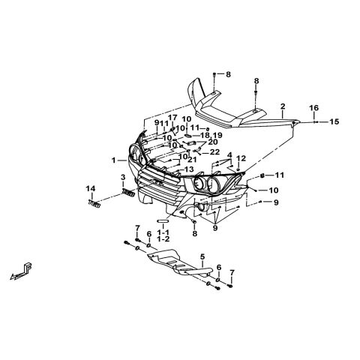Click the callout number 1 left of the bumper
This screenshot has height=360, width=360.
pos(114,160)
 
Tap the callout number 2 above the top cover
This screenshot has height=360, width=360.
pos(283,106)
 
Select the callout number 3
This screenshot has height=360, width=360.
pos(123,178)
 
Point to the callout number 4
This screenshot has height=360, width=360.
pos(229,154)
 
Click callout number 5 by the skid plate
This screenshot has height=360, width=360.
pos(202,256)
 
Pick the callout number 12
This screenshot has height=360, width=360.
pos(241,158)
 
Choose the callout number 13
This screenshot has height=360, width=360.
pos(189,169)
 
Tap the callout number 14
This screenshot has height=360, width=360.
pos(91,188)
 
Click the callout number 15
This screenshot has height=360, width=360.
pos(334,121)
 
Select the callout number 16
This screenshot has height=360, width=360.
pos(314,108)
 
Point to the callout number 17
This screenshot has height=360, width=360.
pos(172,118)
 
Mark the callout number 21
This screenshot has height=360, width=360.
pos(192,160)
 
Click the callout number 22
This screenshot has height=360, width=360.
pos(214,151)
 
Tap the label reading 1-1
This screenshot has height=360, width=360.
pos(163,232)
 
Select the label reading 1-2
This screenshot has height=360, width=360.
pos(163,239)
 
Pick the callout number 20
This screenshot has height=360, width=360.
pos(213,142)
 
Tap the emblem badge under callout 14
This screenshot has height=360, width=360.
pos(94,204)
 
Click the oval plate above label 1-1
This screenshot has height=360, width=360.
pos(163,221)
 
